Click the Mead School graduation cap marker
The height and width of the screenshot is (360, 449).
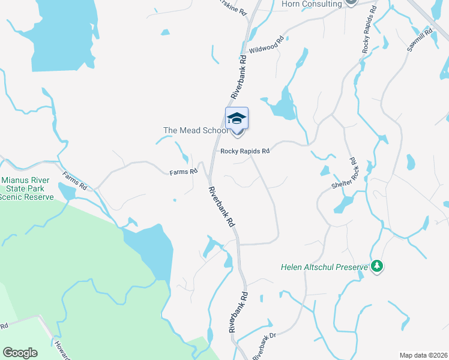pyautogui.click(x=237, y=119)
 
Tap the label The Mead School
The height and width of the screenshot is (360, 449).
pyautogui.click(x=196, y=130)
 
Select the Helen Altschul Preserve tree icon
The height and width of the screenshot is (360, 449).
pyautogui.click(x=376, y=265)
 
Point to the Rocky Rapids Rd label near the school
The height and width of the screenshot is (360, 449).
pyautogui.click(x=244, y=151)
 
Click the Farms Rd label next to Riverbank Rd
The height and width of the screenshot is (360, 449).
pyautogui.click(x=183, y=172)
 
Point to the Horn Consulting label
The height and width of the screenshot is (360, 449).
pyautogui.click(x=312, y=4)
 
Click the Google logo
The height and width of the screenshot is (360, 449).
pyautogui.click(x=20, y=353)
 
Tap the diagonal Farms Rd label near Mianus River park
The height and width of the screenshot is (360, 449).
pyautogui.click(x=75, y=181)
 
